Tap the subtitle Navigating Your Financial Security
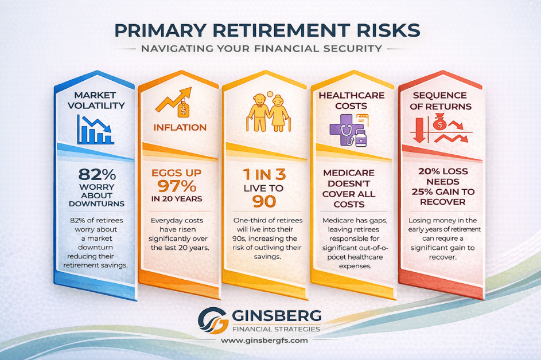point(270,50)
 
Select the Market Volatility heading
point(95,100)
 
